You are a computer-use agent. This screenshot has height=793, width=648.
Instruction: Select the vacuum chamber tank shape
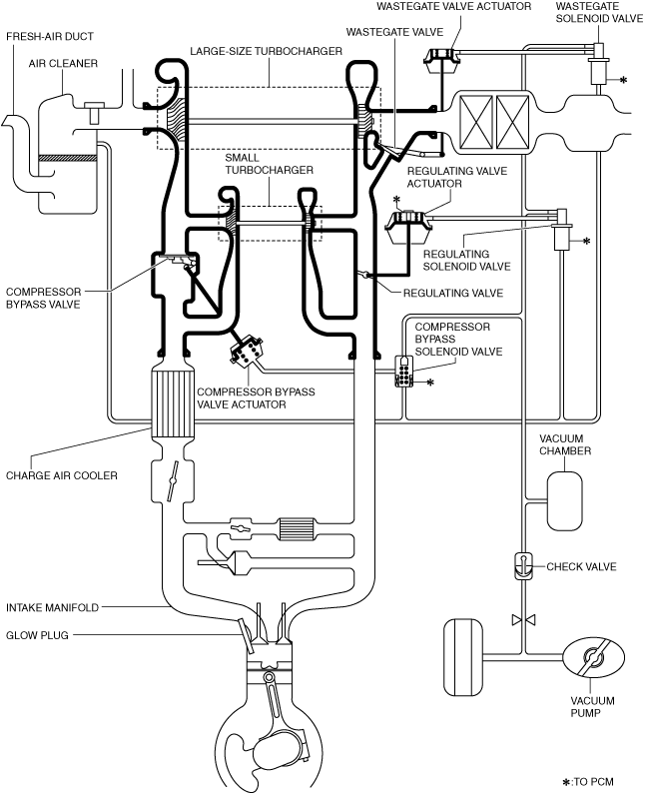564,498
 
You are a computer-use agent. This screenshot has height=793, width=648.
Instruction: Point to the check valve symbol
522,566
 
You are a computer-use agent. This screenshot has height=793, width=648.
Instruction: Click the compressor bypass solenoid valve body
404,372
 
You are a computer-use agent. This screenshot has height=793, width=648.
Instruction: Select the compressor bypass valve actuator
247,353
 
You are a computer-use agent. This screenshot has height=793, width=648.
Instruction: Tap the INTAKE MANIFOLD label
50,606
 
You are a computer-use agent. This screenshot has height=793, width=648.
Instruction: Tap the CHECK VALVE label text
581,566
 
